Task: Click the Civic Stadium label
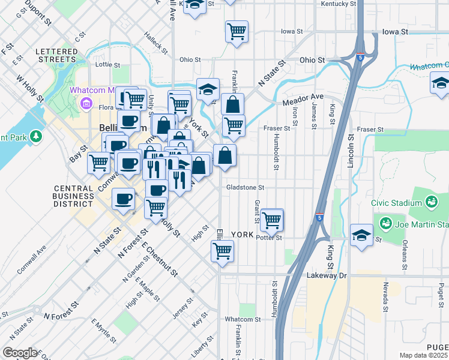(x=399, y=203)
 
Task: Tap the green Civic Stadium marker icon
(x=431, y=202)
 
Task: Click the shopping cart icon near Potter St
(x=272, y=220)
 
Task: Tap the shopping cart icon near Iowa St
(x=237, y=31)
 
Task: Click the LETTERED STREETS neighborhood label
(x=56, y=55)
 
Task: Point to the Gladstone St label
(x=245, y=187)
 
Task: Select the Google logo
(x=19, y=353)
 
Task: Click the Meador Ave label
(x=304, y=98)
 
